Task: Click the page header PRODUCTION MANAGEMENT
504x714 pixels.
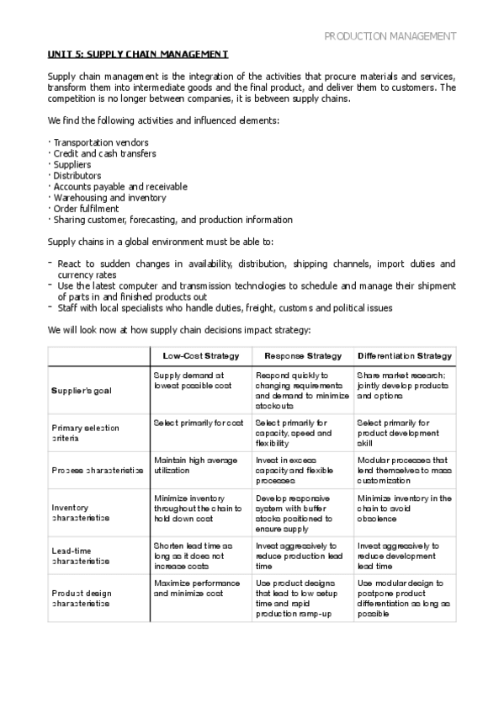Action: [x=390, y=36]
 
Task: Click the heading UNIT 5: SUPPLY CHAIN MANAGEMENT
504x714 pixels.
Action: [x=137, y=55]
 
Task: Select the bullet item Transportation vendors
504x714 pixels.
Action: [x=100, y=143]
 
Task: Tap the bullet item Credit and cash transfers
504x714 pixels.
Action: [x=104, y=154]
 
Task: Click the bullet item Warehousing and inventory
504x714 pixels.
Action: [x=109, y=198]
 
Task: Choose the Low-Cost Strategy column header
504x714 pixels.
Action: [x=201, y=356]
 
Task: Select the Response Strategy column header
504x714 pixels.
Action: [x=302, y=356]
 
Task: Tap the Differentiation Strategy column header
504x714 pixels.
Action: [x=405, y=356]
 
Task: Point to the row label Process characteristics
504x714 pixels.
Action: [x=97, y=471]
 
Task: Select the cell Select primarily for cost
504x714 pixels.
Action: [x=199, y=423]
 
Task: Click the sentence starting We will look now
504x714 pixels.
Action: [x=179, y=330]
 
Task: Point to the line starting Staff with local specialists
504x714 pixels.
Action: [x=225, y=308]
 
